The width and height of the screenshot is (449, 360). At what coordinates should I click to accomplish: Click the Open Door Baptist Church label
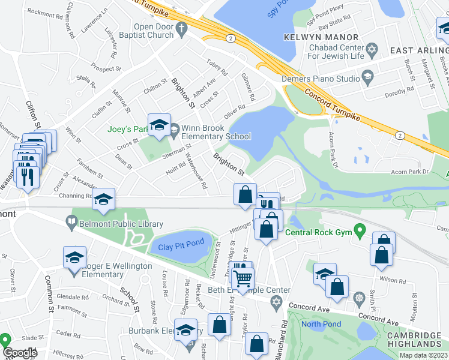point(153,31)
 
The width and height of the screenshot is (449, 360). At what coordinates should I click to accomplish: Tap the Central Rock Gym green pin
point(360,229)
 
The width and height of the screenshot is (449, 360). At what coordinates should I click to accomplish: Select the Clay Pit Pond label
point(181,245)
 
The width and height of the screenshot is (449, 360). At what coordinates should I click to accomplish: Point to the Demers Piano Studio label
point(321,78)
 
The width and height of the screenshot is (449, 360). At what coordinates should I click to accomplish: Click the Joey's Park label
point(127,128)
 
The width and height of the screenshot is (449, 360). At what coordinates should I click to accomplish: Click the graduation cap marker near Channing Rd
point(104,199)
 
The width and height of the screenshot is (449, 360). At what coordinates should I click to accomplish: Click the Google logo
point(20,353)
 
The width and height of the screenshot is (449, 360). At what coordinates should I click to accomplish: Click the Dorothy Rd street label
point(400,91)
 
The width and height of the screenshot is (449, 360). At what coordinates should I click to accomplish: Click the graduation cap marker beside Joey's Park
point(160,125)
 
